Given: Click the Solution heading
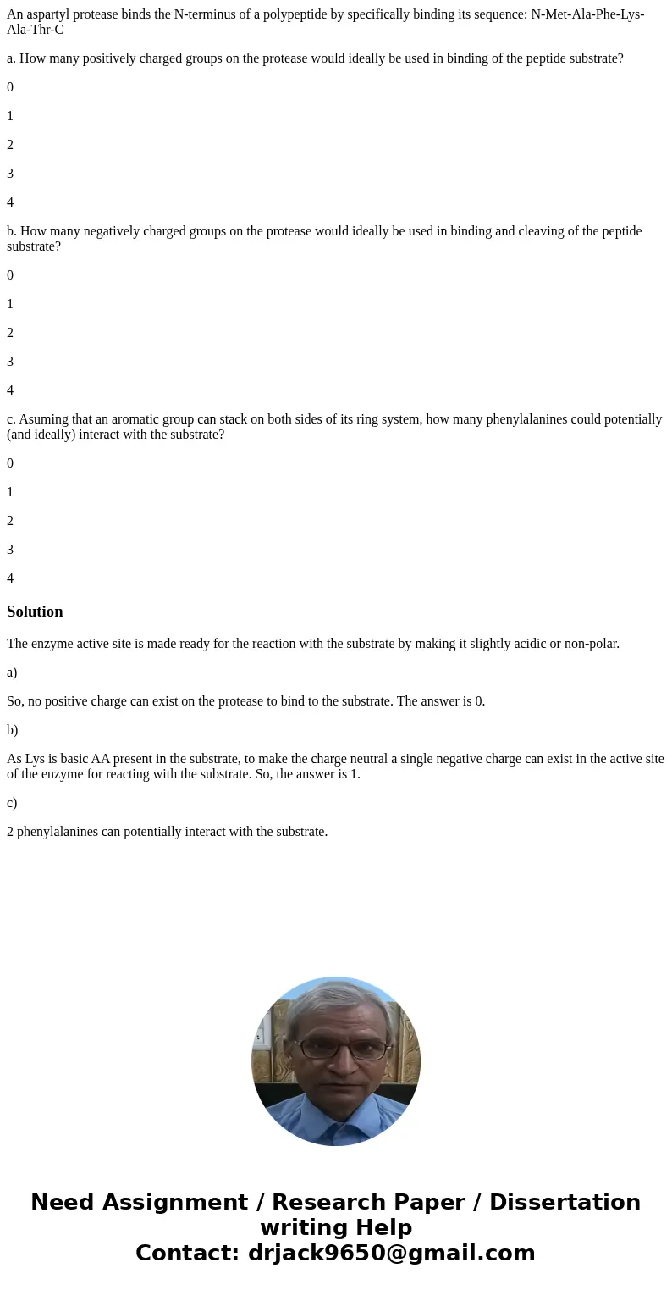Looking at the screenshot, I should [x=35, y=612].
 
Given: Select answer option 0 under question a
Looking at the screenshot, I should [x=10, y=87].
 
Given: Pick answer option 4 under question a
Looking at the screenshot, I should [x=10, y=202].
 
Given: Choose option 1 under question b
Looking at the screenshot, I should [x=10, y=304].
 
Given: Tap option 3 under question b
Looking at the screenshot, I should [x=10, y=362].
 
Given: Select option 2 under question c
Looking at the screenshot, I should [x=10, y=521].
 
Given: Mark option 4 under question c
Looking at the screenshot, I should [x=10, y=579].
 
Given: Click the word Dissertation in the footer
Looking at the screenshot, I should [x=565, y=1203].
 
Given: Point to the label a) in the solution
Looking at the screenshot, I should [x=12, y=673].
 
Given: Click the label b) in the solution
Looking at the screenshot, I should [x=12, y=730].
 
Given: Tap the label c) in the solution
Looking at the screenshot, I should [x=12, y=803].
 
